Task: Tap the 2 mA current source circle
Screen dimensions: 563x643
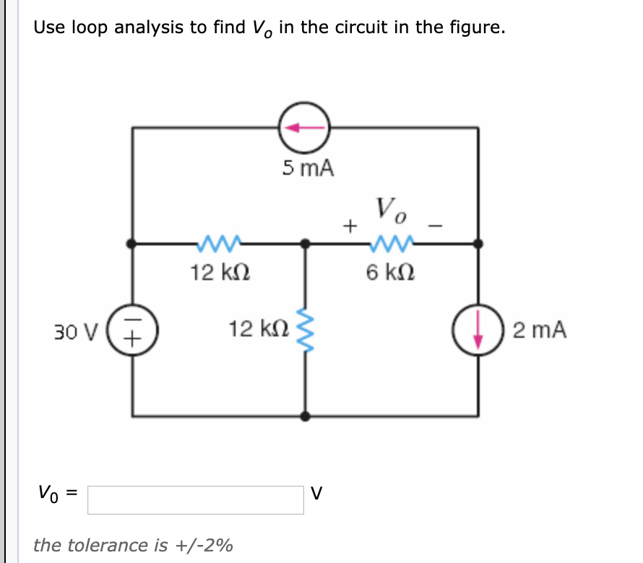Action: pos(478,331)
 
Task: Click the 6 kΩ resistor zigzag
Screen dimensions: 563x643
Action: pos(391,243)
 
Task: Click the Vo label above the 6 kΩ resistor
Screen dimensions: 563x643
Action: pos(391,210)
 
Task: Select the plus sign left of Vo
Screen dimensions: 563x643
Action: pos(350,226)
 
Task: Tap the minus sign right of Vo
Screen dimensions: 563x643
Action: pos(435,226)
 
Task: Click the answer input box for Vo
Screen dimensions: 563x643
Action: pos(195,499)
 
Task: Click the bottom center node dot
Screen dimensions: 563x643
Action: pos(306,416)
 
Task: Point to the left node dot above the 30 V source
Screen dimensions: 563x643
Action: pos(132,244)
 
